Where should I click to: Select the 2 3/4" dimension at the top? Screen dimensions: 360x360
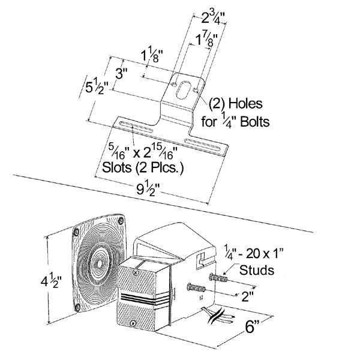[x=203, y=16]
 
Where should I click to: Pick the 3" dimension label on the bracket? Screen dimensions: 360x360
[x=122, y=75]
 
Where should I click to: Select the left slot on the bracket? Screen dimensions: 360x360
[x=132, y=127]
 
